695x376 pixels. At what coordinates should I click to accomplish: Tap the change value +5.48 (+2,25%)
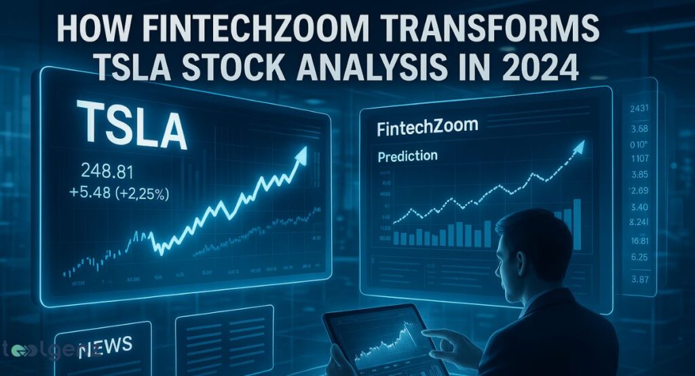click(125, 192)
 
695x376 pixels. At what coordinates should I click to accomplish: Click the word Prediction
click(407, 156)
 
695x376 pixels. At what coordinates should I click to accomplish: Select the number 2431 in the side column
click(640, 110)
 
